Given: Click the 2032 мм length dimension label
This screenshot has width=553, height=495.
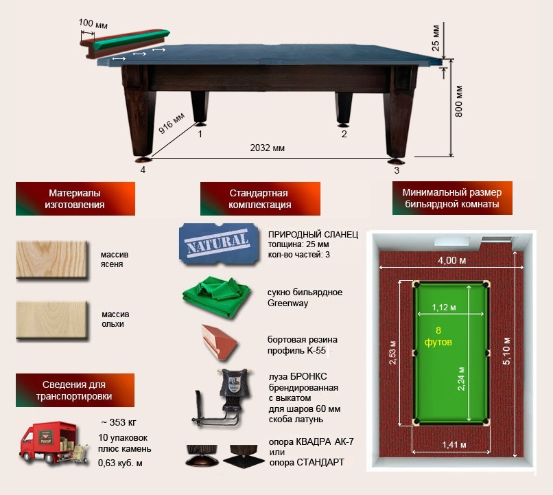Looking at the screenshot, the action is click(267, 148).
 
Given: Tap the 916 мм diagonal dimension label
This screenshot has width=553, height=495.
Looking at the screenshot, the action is click(172, 124).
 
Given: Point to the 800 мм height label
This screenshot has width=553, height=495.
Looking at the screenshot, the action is click(458, 101).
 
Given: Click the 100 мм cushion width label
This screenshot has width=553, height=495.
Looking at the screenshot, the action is click(93, 23).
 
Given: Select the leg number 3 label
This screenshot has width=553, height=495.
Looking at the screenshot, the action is click(397, 170).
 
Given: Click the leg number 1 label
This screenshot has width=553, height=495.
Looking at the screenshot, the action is click(200, 134).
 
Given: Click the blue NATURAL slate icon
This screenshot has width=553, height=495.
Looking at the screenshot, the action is click(218, 244).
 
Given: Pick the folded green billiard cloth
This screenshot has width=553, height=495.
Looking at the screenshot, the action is click(217, 297).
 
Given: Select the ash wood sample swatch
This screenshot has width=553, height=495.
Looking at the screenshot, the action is click(52, 260).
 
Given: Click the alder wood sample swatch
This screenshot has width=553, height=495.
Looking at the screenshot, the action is click(52, 320).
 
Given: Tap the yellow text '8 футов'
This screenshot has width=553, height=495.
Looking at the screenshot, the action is click(438, 336).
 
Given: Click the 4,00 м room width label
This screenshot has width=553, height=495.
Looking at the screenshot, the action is click(451, 260).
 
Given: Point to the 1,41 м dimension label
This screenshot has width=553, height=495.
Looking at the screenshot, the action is click(454, 445).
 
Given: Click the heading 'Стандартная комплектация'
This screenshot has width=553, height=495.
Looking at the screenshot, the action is click(260, 198).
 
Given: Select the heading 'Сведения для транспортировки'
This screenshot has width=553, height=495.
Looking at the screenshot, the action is click(74, 390).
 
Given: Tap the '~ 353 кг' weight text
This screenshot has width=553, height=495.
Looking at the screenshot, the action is click(119, 422).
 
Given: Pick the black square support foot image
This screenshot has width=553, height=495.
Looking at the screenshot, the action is click(244, 456).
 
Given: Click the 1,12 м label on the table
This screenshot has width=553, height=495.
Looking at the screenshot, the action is click(444, 308).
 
